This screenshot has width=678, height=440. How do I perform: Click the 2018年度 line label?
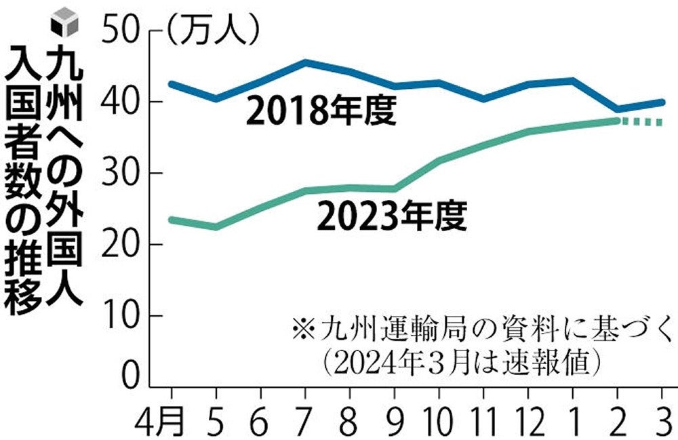(x=320, y=113)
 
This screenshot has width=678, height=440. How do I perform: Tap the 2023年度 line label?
(x=391, y=217)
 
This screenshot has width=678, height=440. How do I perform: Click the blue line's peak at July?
(x=306, y=62)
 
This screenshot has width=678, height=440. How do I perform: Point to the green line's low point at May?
(x=216, y=226)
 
